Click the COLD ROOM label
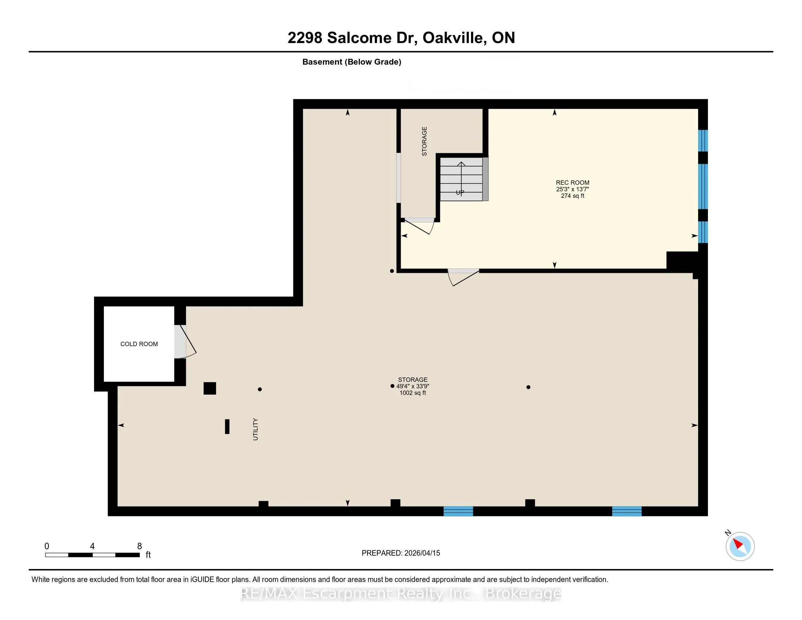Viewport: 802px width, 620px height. point(139,344)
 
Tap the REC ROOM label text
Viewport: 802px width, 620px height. point(572,183)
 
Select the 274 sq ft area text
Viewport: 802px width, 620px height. point(572,196)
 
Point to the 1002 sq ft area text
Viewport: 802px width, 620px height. point(413,393)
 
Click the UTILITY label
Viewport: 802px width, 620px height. point(256,429)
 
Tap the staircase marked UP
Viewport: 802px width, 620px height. point(461,179)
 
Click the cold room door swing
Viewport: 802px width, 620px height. point(186,342)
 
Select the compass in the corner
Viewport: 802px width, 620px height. point(740,546)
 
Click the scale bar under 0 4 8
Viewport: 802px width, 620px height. point(92,555)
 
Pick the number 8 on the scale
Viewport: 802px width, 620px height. point(140,546)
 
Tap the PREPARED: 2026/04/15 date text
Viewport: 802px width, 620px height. point(401,553)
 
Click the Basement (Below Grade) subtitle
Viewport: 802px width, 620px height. point(351,62)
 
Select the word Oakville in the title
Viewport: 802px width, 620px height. point(453,38)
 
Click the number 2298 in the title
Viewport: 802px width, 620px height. point(305,38)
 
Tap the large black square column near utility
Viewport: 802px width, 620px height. point(210,388)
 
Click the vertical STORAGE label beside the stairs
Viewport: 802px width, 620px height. point(424,141)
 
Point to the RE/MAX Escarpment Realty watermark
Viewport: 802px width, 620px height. point(401,593)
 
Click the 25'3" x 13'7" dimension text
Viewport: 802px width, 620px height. point(572,189)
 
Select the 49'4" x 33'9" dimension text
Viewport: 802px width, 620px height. point(413,386)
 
